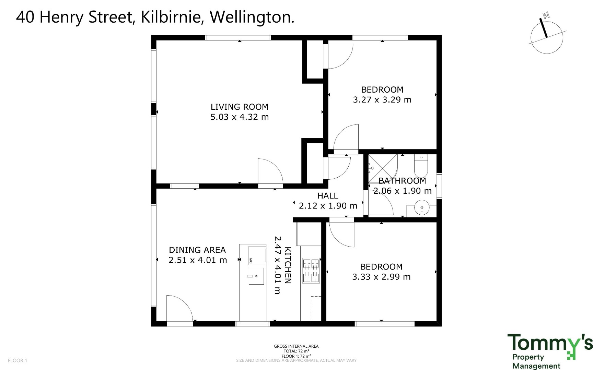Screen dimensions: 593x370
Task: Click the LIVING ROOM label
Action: point(239,107)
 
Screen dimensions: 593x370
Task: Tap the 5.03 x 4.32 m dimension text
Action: point(239,117)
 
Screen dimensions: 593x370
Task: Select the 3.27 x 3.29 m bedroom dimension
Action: point(382,100)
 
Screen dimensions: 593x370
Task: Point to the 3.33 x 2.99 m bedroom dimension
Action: point(381,277)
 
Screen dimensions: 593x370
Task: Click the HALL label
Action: point(328,196)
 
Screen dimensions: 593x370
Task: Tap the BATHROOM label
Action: point(402,181)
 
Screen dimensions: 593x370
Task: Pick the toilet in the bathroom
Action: point(421,166)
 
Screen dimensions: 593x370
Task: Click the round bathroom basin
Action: point(421,207)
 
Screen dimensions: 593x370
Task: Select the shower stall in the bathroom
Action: point(383,169)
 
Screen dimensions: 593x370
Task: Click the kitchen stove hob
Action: point(311,271)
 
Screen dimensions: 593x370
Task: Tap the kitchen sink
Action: point(256,276)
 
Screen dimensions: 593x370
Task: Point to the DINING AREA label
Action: point(197,250)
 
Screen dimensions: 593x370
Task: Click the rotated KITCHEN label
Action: point(288,265)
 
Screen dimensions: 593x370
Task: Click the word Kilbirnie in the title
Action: point(171,17)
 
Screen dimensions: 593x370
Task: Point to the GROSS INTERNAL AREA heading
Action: point(296,346)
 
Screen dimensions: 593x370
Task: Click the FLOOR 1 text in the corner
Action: point(18,360)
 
